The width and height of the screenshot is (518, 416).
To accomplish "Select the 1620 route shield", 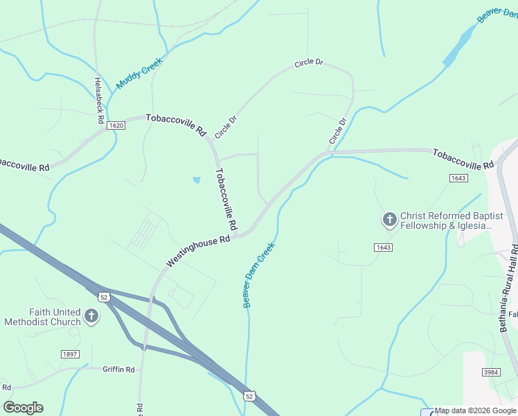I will click(116, 125).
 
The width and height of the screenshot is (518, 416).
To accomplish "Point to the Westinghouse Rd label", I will click(197, 251).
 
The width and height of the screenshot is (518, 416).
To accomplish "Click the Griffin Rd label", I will click(118, 370).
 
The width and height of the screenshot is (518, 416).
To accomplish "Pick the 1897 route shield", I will click(70, 354).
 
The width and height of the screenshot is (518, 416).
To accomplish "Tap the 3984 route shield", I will click(491, 372).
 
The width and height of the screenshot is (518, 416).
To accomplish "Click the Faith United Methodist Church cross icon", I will click(91, 318).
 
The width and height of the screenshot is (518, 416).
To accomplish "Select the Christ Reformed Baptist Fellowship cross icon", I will click(389, 220).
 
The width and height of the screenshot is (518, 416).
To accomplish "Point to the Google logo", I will click(23, 408).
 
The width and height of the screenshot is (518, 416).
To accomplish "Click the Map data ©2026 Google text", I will click(476, 410).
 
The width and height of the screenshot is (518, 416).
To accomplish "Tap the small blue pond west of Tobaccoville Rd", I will click(197, 180).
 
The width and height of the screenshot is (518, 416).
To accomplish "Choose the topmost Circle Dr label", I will click(309, 63).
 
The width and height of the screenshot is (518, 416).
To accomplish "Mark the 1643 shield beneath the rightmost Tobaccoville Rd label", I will click(458, 178).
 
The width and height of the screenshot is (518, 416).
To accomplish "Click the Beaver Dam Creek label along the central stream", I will click(258, 275).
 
